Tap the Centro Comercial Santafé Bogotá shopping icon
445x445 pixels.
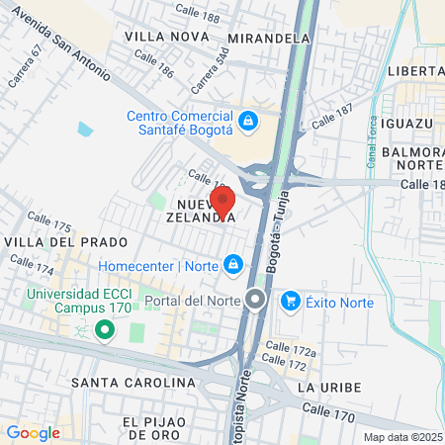coord(248,122)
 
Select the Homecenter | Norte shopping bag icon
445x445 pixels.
coord(232,264)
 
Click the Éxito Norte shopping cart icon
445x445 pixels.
coord(291,300)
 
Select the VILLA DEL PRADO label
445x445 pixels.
coord(65,242)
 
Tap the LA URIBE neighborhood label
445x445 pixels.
coord(324,386)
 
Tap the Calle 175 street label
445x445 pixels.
coord(49,222)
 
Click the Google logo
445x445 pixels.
coord(33,432)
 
